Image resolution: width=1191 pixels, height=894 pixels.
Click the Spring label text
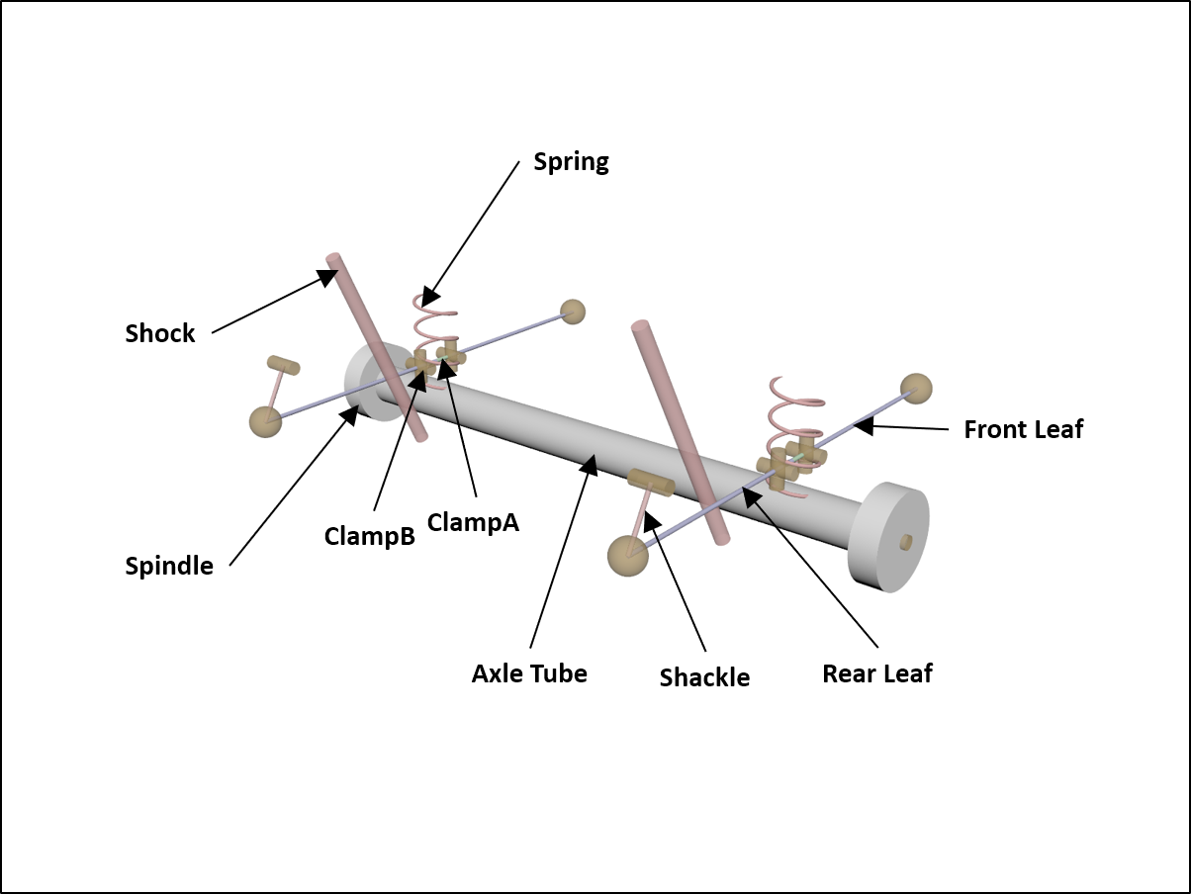tap(571, 162)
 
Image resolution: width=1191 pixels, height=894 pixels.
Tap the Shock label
tap(160, 333)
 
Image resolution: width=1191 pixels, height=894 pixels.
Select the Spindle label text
tap(169, 566)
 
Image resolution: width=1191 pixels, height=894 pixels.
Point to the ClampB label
tap(369, 535)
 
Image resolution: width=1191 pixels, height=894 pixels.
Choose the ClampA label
tap(473, 521)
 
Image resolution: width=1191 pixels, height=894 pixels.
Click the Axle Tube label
tap(529, 673)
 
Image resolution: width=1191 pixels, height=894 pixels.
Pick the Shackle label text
tap(704, 677)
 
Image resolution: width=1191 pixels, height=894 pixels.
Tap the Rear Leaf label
tap(877, 673)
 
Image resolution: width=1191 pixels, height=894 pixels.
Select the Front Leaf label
tap(1023, 429)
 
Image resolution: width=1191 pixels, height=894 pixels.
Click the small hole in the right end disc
tap(905, 541)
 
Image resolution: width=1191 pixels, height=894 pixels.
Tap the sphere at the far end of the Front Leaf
tap(916, 389)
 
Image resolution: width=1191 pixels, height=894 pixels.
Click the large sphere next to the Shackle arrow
tap(628, 556)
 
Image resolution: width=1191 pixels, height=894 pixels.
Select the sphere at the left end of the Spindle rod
tap(265, 421)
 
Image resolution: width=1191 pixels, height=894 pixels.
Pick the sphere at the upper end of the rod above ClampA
tap(572, 312)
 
